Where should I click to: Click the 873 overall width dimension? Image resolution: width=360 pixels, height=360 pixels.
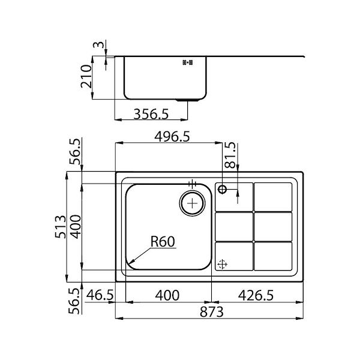tap(211, 312)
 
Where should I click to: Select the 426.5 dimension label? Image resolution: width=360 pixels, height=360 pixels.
tap(256, 295)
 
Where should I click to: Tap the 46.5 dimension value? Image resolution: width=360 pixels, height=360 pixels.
tap(100, 295)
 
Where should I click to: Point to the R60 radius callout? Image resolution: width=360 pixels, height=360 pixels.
tap(163, 242)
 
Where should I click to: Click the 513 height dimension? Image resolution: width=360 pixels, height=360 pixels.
tap(61, 227)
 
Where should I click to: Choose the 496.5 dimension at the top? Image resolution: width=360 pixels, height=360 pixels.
tap(172, 137)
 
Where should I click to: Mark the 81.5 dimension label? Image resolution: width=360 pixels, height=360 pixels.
tap(230, 155)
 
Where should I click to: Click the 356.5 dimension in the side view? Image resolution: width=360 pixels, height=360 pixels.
tap(151, 114)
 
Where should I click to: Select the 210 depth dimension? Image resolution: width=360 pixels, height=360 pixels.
tap(86, 76)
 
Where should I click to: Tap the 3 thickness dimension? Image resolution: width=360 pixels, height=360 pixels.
tap(98, 44)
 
